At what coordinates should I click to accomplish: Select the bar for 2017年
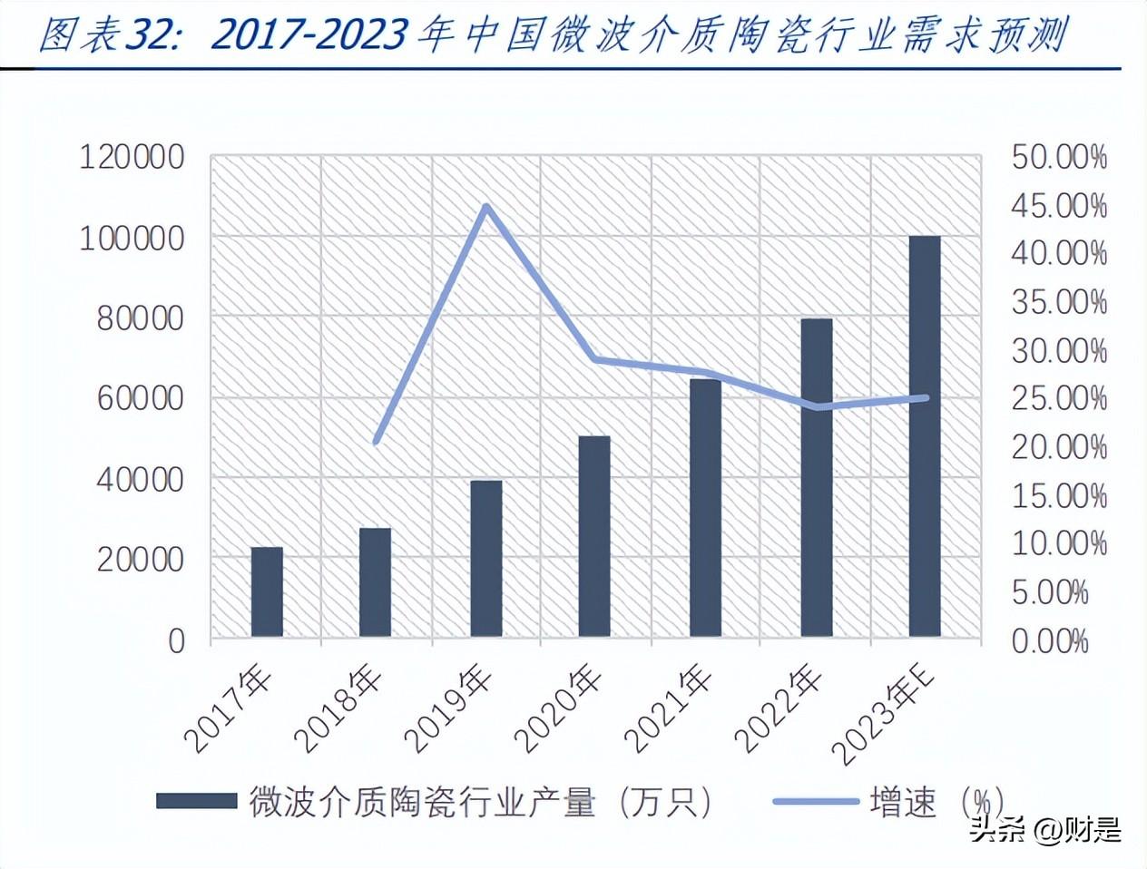point(267,591)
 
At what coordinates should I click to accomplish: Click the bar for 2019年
point(485,559)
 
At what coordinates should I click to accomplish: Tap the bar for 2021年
point(705,508)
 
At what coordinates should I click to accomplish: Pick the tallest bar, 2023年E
point(925,436)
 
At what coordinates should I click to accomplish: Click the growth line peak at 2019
point(486,207)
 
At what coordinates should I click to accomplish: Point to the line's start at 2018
point(377,442)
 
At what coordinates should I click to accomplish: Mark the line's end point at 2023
point(926,397)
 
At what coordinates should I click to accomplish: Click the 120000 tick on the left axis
point(132,158)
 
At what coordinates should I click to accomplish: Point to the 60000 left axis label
point(132,398)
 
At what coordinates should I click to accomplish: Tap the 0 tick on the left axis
point(176,640)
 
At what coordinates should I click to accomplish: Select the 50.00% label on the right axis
point(1059,158)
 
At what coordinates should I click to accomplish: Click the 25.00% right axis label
point(1059,398)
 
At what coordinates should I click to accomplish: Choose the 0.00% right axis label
point(1050,641)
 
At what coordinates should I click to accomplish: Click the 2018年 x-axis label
point(344,711)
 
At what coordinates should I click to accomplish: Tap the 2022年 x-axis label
point(781,711)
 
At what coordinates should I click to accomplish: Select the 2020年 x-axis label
point(562,711)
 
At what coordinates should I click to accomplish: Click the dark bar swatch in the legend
point(196,801)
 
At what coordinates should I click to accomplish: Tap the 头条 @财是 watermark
point(1044,830)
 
